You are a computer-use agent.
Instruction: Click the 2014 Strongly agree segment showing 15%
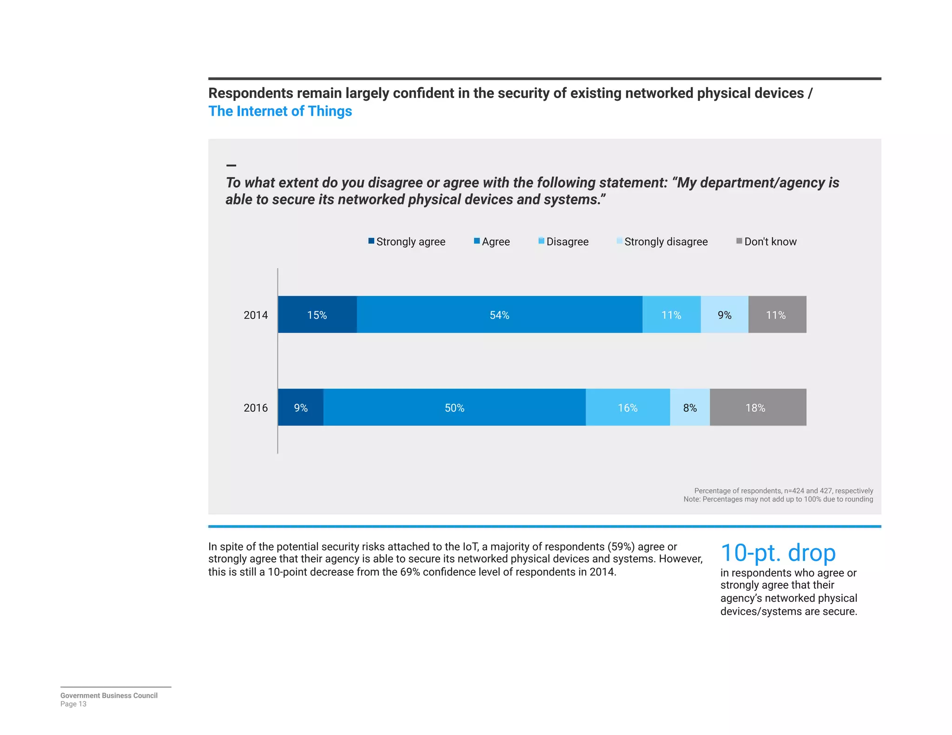pyautogui.click(x=317, y=315)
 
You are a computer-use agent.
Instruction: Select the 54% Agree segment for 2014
pyautogui.click(x=499, y=315)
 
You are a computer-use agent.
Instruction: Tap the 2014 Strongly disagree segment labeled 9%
pyautogui.click(x=724, y=315)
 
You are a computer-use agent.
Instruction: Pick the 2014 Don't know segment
pyautogui.click(x=777, y=315)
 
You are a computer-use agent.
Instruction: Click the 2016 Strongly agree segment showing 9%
pyautogui.click(x=301, y=407)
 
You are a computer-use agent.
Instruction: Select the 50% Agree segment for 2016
pyautogui.click(x=454, y=407)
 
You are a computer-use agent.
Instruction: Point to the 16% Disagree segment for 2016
pyautogui.click(x=628, y=407)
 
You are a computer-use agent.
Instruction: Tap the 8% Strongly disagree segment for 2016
pyautogui.click(x=690, y=407)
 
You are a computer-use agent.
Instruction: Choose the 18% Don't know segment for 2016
pyautogui.click(x=757, y=407)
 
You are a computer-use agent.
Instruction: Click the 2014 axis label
pyautogui.click(x=256, y=315)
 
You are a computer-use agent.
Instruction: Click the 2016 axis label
pyautogui.click(x=256, y=408)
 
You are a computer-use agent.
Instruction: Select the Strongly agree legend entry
pyautogui.click(x=407, y=242)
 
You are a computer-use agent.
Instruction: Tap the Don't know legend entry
pyautogui.click(x=767, y=242)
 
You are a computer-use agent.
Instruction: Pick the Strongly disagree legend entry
pyautogui.click(x=662, y=242)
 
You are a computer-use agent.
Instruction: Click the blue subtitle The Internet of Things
pyautogui.click(x=280, y=112)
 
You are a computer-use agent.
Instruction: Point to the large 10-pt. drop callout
pyautogui.click(x=778, y=553)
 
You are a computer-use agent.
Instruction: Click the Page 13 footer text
pyautogui.click(x=73, y=704)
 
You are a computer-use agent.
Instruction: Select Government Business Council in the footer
pyautogui.click(x=109, y=696)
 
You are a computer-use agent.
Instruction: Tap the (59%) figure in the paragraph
pyautogui.click(x=621, y=547)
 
